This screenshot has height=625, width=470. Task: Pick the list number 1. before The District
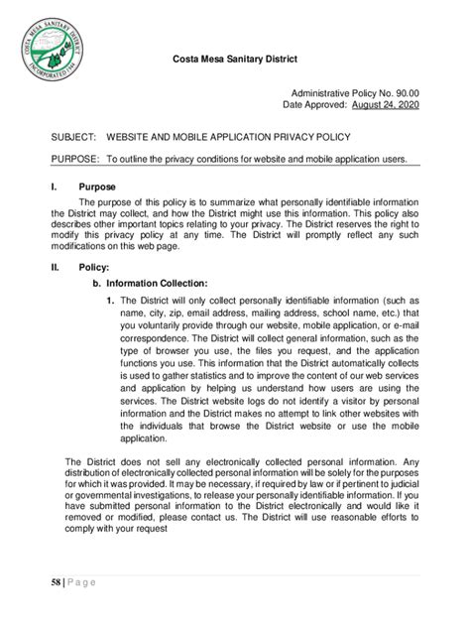click(x=110, y=300)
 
